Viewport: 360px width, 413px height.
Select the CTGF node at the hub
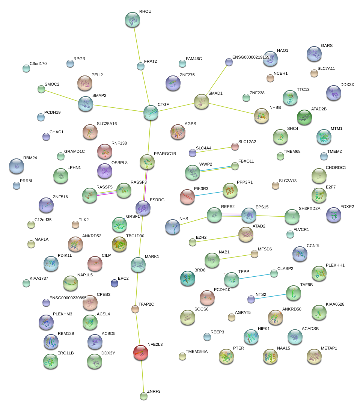[x=151, y=113]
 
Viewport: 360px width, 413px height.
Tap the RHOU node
[x=132, y=20]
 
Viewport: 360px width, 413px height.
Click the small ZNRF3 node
[x=143, y=396]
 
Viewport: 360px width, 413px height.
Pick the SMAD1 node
[x=202, y=101]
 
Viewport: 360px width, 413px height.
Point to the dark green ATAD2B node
[x=304, y=117]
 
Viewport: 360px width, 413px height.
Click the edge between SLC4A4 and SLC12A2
[x=214, y=149]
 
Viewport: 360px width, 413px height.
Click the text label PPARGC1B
[x=165, y=154]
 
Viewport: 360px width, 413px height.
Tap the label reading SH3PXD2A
[x=309, y=208]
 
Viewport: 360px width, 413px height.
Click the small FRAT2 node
[x=141, y=66]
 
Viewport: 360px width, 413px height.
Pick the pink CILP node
[x=95, y=264]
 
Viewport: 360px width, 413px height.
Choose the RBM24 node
[x=16, y=166]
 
